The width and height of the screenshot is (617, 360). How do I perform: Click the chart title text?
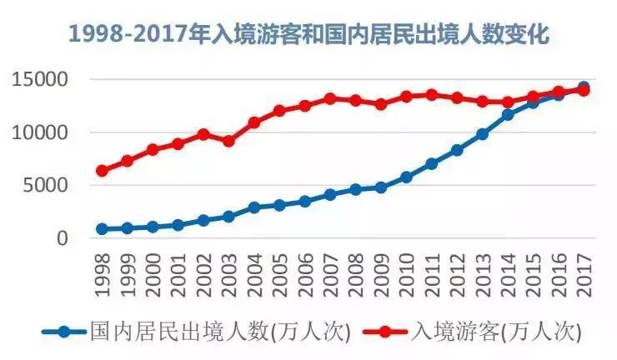309,35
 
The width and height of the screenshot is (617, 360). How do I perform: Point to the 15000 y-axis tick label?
38,81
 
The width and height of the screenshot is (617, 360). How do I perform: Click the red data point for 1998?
102,171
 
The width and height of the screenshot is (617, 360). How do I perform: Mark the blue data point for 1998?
102,229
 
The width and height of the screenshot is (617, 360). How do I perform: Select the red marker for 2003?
228,141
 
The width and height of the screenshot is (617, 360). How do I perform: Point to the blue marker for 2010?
407,177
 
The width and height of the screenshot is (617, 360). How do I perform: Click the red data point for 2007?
330,98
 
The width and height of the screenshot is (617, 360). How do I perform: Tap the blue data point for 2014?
508,114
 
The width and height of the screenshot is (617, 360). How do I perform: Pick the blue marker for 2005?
279,205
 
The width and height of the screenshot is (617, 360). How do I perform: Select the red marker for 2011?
432,95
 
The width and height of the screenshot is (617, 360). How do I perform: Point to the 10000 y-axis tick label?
38,132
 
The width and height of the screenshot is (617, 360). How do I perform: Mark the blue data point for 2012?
457,150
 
